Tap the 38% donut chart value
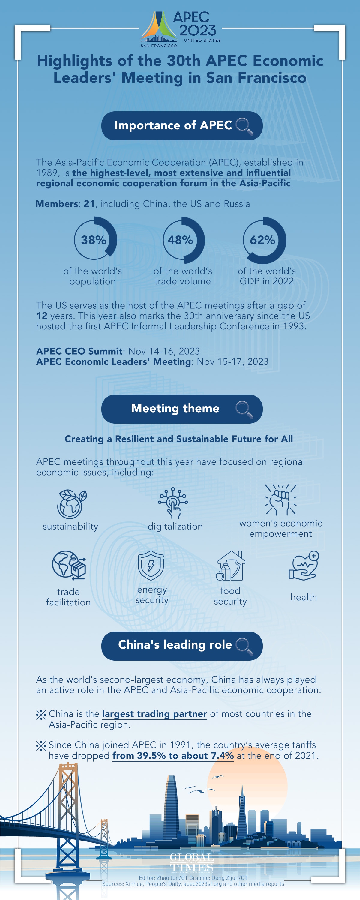(94, 240)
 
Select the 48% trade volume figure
(180, 240)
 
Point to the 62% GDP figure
(262, 240)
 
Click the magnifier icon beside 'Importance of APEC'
(244, 126)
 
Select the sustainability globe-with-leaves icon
(72, 504)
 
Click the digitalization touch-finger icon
(173, 503)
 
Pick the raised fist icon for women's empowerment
(281, 499)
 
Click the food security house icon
(230, 565)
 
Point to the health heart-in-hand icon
(304, 565)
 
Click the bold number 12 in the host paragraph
(42, 316)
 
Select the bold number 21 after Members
(89, 204)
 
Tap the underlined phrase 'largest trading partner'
(154, 714)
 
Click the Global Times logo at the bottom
(191, 862)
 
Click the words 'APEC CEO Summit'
(79, 351)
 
